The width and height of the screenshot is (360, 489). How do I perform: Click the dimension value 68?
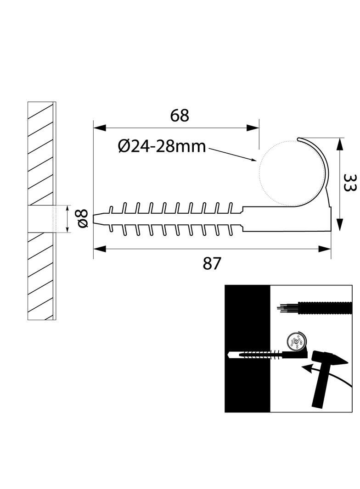180,116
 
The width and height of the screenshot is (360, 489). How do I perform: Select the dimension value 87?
212,263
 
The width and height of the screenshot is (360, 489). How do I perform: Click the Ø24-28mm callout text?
162,146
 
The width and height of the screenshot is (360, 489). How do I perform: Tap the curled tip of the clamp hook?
299,139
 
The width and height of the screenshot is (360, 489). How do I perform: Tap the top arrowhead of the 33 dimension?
339,145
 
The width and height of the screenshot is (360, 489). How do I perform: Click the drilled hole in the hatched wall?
41,219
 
